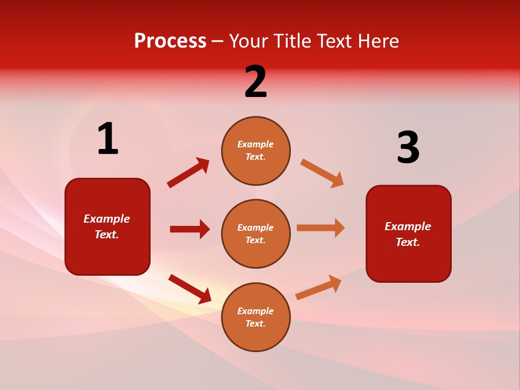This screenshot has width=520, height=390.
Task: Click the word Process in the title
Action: pos(170,41)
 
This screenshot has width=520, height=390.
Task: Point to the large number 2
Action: pos(256,82)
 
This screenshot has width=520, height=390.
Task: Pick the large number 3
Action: pos(408,148)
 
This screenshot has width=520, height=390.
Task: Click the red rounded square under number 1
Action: pos(107,226)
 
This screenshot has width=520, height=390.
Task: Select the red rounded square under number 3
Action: pos(408,234)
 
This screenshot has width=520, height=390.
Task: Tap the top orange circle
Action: pos(256,151)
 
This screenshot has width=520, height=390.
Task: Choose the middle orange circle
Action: pos(256,234)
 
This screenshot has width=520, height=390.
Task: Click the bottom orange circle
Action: pos(256,317)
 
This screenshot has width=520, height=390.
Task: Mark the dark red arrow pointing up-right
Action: pos(188,172)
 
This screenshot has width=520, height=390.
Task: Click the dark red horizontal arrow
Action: pos(190,229)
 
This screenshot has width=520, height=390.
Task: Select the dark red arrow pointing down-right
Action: pos(190,289)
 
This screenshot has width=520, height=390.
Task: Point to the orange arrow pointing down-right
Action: pos(322,173)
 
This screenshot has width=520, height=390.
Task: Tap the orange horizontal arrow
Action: pos(321,227)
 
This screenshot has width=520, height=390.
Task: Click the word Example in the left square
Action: pos(107,219)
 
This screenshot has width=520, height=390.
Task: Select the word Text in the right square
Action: pos(407,242)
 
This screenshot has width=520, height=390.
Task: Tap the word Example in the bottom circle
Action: pos(256,311)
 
